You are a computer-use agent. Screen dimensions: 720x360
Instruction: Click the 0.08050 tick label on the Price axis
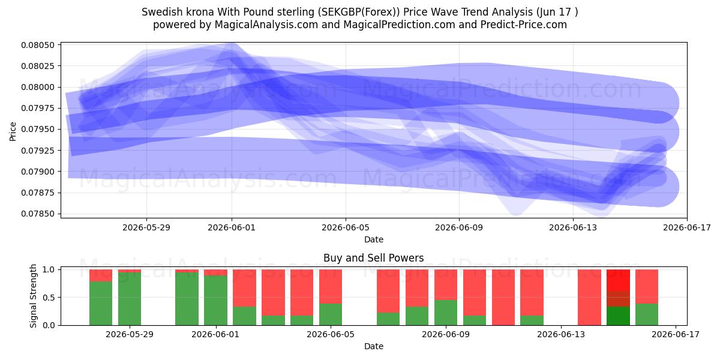pos(38,45)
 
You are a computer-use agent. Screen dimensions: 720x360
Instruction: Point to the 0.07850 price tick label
pos(38,214)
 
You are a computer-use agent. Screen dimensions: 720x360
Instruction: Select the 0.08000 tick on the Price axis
pos(38,87)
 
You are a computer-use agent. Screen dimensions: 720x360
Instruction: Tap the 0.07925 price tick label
pos(38,151)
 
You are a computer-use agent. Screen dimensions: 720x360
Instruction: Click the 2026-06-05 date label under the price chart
pos(346,227)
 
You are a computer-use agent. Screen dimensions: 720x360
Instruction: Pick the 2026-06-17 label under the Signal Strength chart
pos(676,334)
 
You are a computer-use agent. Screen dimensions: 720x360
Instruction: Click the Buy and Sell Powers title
pos(373,258)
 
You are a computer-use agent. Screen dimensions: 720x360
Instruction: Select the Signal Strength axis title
pos(33,296)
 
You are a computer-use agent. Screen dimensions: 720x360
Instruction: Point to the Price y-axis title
pos(13,131)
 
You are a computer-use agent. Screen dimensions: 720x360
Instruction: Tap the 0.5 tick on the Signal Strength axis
pos(49,298)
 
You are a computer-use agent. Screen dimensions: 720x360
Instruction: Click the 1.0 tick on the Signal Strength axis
pos(49,269)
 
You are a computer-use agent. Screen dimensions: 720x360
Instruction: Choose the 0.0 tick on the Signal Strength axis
pos(49,325)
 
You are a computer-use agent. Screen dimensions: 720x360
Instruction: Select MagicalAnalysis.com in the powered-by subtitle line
pos(266,25)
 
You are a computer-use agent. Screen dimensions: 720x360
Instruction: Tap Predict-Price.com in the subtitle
pos(524,25)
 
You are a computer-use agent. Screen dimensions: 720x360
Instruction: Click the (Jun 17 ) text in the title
pos(557,12)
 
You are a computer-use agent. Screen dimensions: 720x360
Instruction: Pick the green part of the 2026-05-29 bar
pos(130,299)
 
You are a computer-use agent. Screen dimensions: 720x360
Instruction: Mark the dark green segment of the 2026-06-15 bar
pos(618,316)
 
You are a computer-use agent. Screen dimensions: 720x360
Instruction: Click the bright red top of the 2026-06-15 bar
pos(618,280)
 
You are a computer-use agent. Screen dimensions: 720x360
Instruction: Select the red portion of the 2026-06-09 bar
pos(445,285)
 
